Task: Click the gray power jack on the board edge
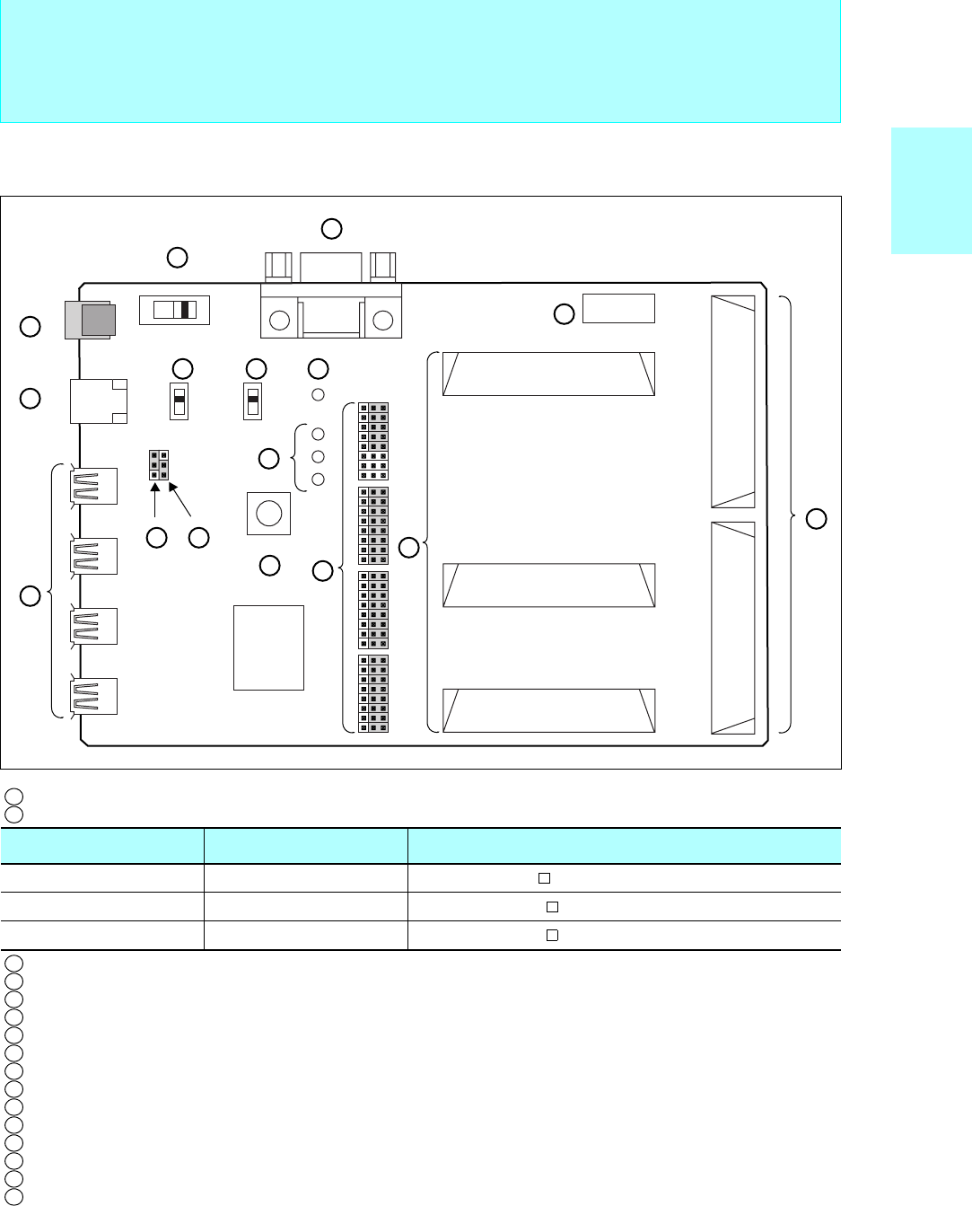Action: coord(90,320)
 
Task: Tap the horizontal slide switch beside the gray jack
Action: coord(174,310)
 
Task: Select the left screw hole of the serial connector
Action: coord(280,321)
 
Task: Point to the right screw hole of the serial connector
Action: coord(383,321)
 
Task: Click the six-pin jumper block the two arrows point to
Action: coord(158,464)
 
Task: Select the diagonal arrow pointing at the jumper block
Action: coord(180,500)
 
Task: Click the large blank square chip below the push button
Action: coord(268,647)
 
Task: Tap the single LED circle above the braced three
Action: coord(318,394)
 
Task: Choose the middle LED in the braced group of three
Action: coord(318,457)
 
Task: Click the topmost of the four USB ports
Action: coord(94,486)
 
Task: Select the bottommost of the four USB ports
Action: coord(94,696)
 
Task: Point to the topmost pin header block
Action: coord(373,442)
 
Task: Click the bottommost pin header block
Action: coord(373,693)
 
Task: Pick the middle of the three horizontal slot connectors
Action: coord(549,585)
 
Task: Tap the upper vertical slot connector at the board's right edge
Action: coord(732,402)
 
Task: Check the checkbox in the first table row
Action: coord(544,878)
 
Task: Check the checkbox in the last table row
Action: coord(553,935)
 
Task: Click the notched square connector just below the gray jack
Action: coord(98,401)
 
